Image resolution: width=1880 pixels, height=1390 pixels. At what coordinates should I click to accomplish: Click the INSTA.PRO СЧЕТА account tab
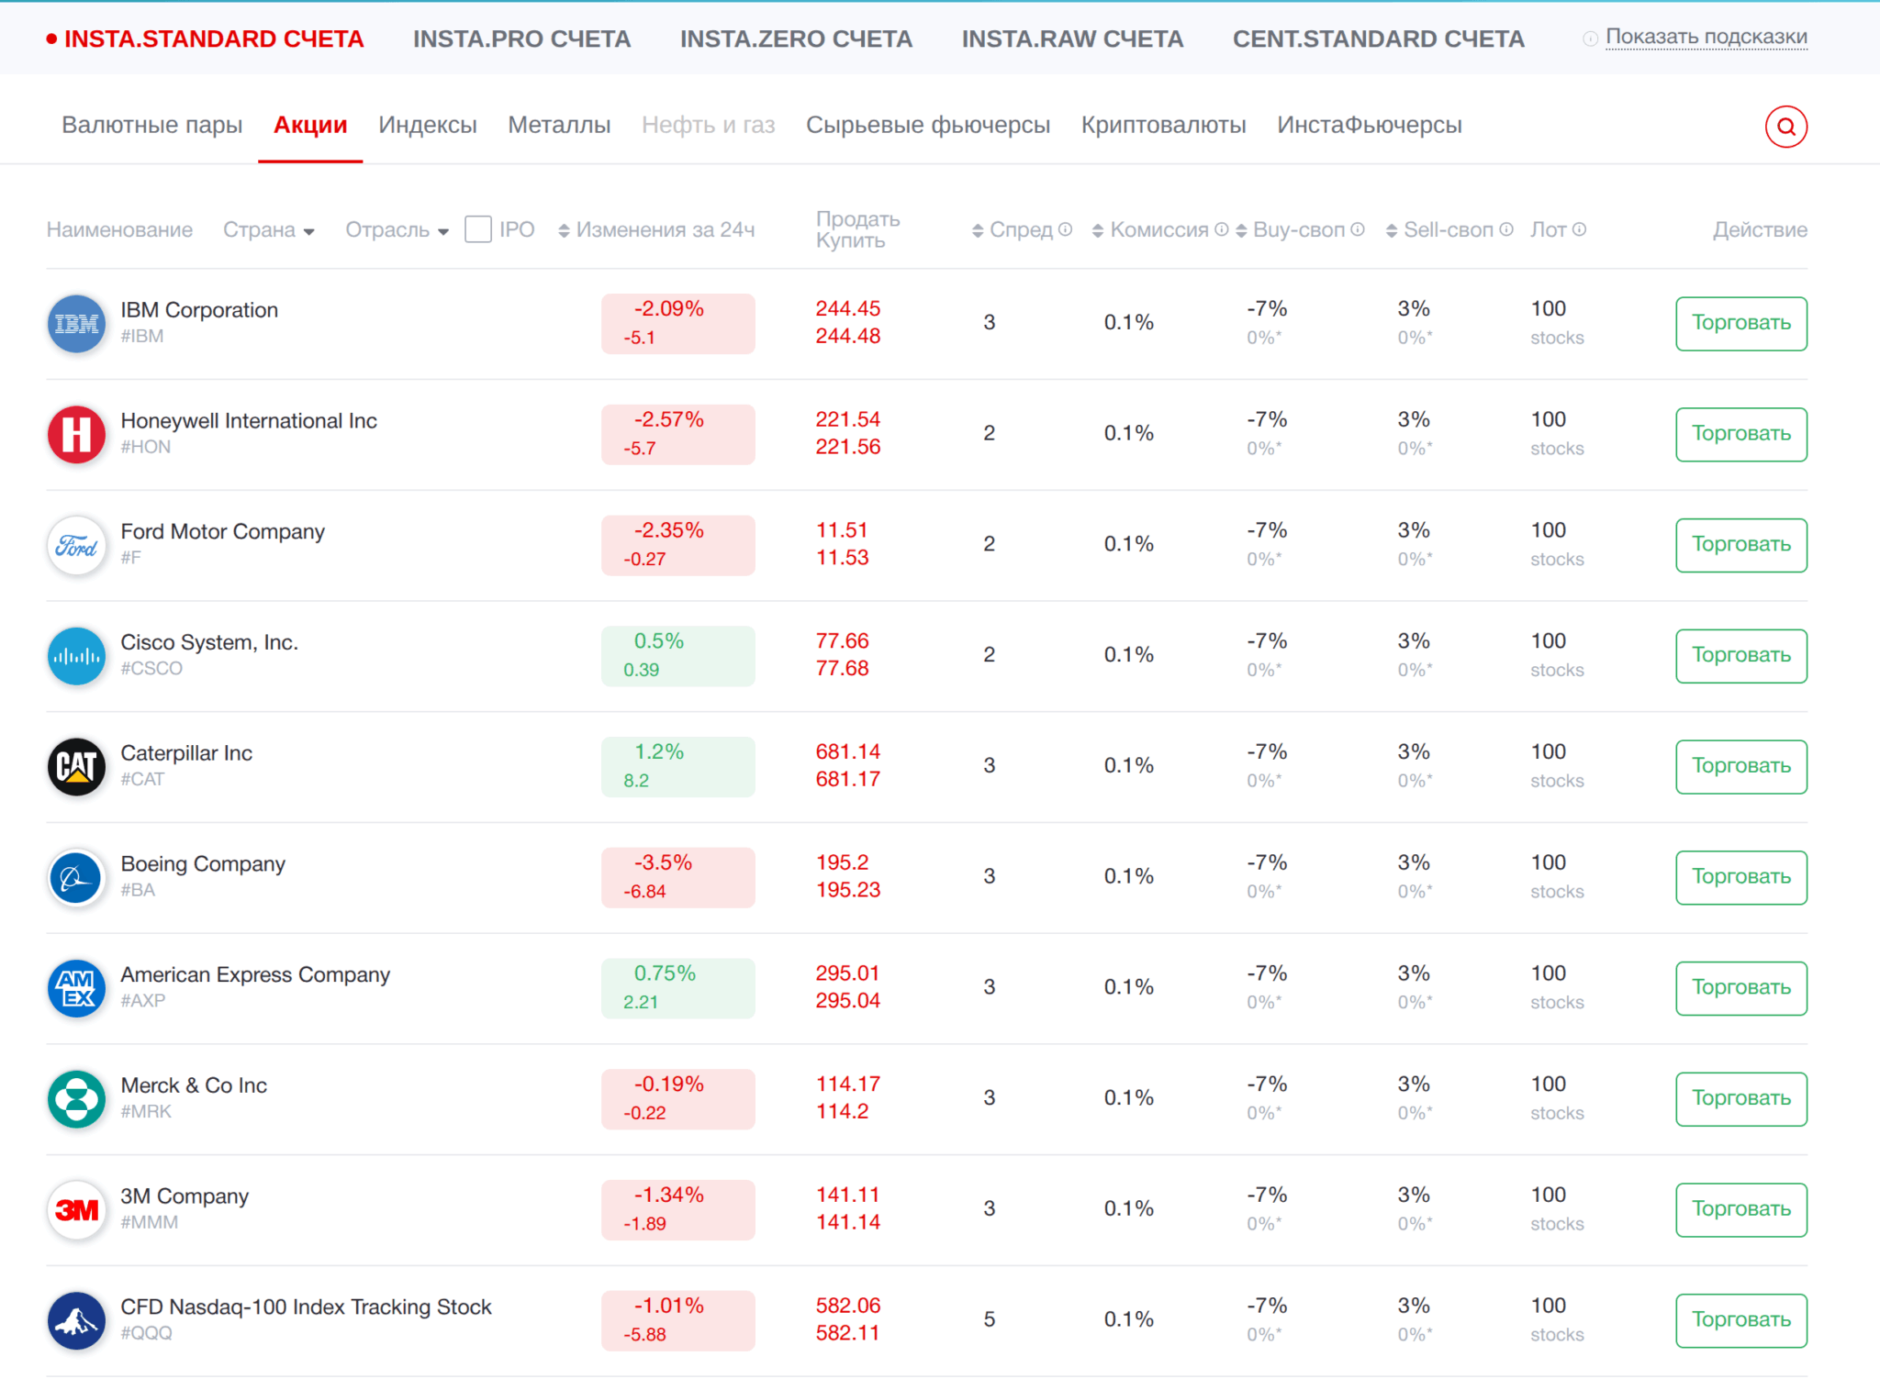(x=521, y=39)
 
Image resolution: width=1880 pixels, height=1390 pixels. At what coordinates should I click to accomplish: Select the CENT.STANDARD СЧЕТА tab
(x=1378, y=39)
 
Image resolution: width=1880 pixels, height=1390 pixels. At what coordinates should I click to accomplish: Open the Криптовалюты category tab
(x=1163, y=125)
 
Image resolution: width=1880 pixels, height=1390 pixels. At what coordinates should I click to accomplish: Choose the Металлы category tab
(x=559, y=125)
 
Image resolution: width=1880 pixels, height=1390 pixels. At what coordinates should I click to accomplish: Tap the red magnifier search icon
(x=1785, y=127)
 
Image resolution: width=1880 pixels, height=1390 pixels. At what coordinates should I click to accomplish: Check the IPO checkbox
(x=478, y=229)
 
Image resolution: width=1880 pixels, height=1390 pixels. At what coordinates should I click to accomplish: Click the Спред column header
(x=1021, y=229)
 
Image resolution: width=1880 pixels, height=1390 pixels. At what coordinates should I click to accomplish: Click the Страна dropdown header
(x=268, y=229)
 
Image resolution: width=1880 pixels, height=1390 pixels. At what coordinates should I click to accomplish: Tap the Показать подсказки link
(x=1706, y=37)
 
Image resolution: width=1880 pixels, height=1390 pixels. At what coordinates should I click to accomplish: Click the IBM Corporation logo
(x=76, y=324)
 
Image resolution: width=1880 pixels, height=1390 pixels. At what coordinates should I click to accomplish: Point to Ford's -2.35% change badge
(x=677, y=545)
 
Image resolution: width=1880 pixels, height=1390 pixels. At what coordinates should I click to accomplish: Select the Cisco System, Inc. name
(x=209, y=642)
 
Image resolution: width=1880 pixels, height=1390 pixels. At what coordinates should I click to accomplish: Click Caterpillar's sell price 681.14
(x=847, y=751)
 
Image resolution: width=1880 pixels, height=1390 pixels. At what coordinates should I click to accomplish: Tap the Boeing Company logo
(x=76, y=878)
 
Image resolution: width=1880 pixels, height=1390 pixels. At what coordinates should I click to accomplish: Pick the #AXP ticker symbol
(x=143, y=1001)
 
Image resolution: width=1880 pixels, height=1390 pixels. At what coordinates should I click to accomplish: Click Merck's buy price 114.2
(x=842, y=1111)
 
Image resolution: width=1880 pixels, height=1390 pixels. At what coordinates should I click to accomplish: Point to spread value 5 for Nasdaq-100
(x=989, y=1319)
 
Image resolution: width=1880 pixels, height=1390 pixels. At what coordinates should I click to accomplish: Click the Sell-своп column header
(x=1448, y=229)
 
